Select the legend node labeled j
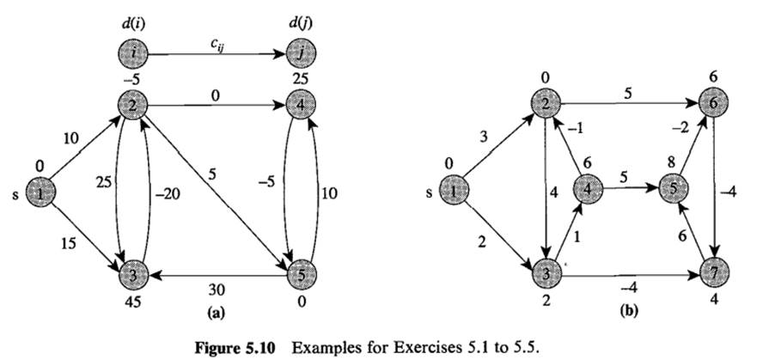click(300, 55)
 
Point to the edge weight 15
click(71, 245)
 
